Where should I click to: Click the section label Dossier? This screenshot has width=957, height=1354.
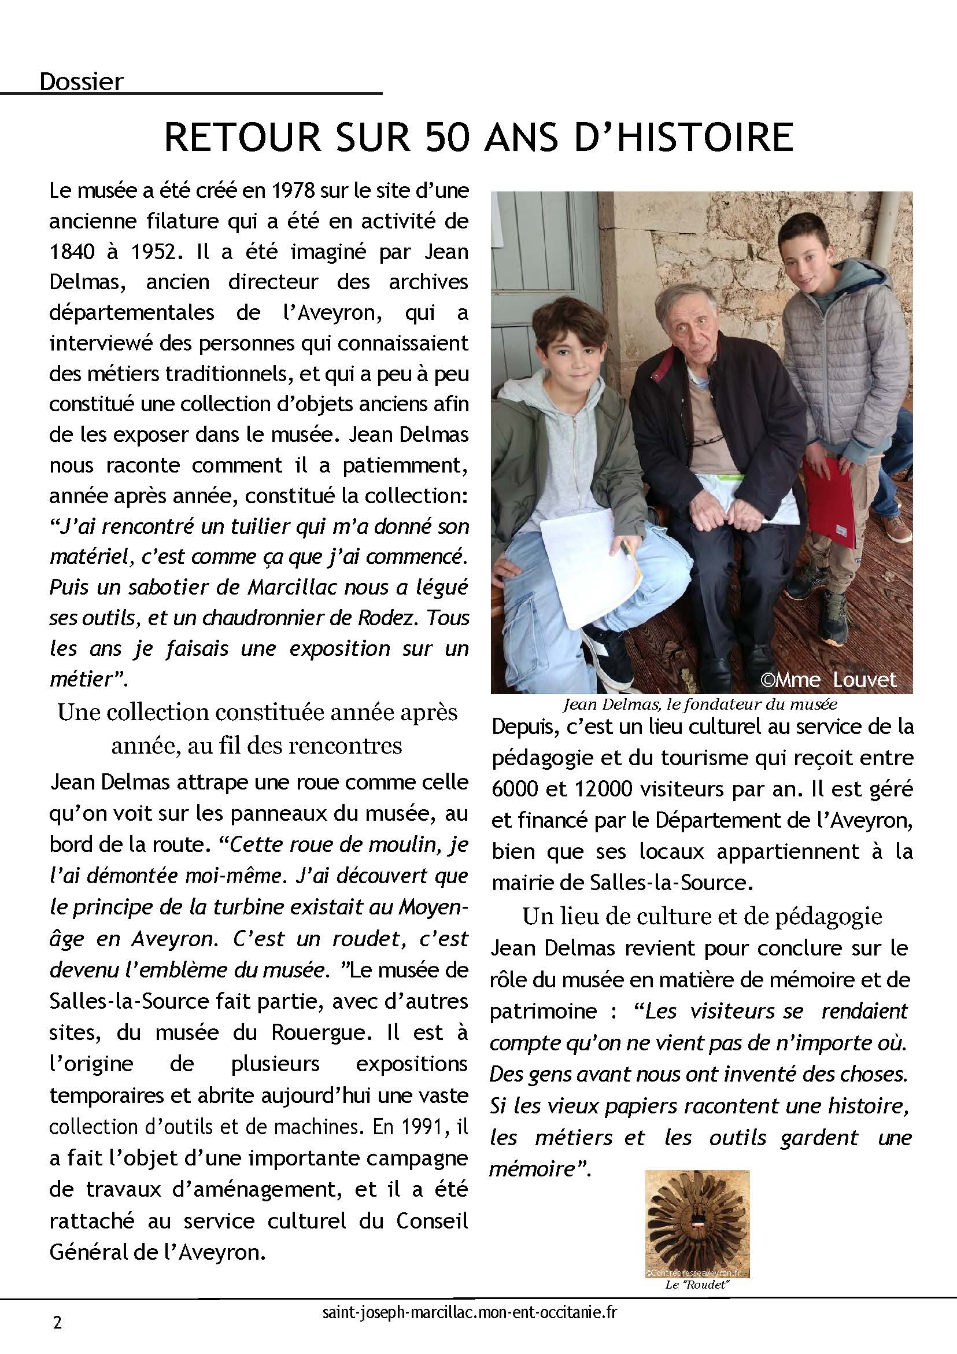tap(82, 82)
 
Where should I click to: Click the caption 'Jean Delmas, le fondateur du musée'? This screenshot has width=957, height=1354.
tap(700, 703)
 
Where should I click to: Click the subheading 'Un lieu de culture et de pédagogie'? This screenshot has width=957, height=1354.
tap(701, 916)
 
